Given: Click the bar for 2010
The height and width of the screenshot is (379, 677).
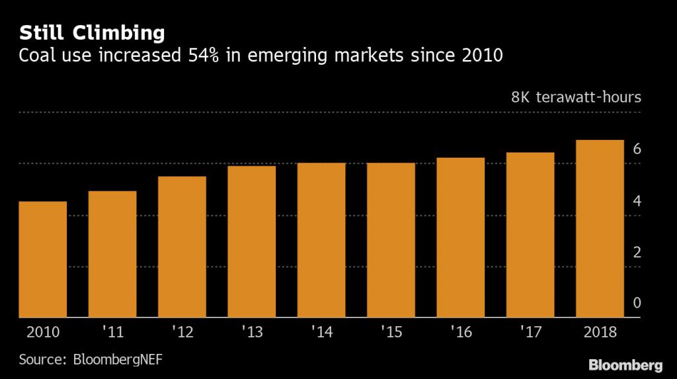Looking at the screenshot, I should [42, 259].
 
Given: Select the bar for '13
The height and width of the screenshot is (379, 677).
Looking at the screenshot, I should [251, 242].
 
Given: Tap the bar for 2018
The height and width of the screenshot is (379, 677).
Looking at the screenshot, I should [600, 228].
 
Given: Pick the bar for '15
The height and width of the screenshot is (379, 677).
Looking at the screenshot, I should [391, 240].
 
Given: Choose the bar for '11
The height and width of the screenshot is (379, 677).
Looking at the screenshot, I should [112, 254].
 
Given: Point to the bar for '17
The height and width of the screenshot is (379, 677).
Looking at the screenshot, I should [530, 235].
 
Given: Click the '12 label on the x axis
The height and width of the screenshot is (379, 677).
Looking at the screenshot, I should [182, 332].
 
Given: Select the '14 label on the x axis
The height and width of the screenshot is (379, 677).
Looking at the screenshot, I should [321, 332].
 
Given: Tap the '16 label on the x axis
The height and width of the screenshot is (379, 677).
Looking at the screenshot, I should [460, 332].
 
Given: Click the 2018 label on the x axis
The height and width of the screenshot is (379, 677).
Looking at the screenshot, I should [600, 332].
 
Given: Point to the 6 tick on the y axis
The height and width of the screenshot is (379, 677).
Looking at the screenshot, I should [637, 149].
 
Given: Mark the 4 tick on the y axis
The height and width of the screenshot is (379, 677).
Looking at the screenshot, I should [637, 201].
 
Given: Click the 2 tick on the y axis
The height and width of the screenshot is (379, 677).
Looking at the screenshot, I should [637, 252].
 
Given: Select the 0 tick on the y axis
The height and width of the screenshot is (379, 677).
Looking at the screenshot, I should [637, 303].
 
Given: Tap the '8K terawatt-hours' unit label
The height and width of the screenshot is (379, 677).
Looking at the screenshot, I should [576, 98].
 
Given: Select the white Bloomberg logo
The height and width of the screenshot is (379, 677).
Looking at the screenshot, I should [625, 364].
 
